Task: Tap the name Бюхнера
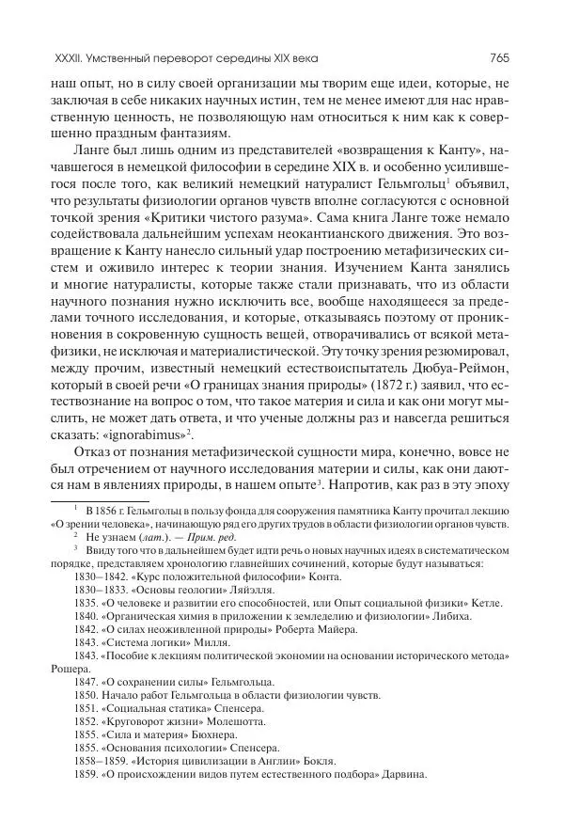click(x=212, y=748)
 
